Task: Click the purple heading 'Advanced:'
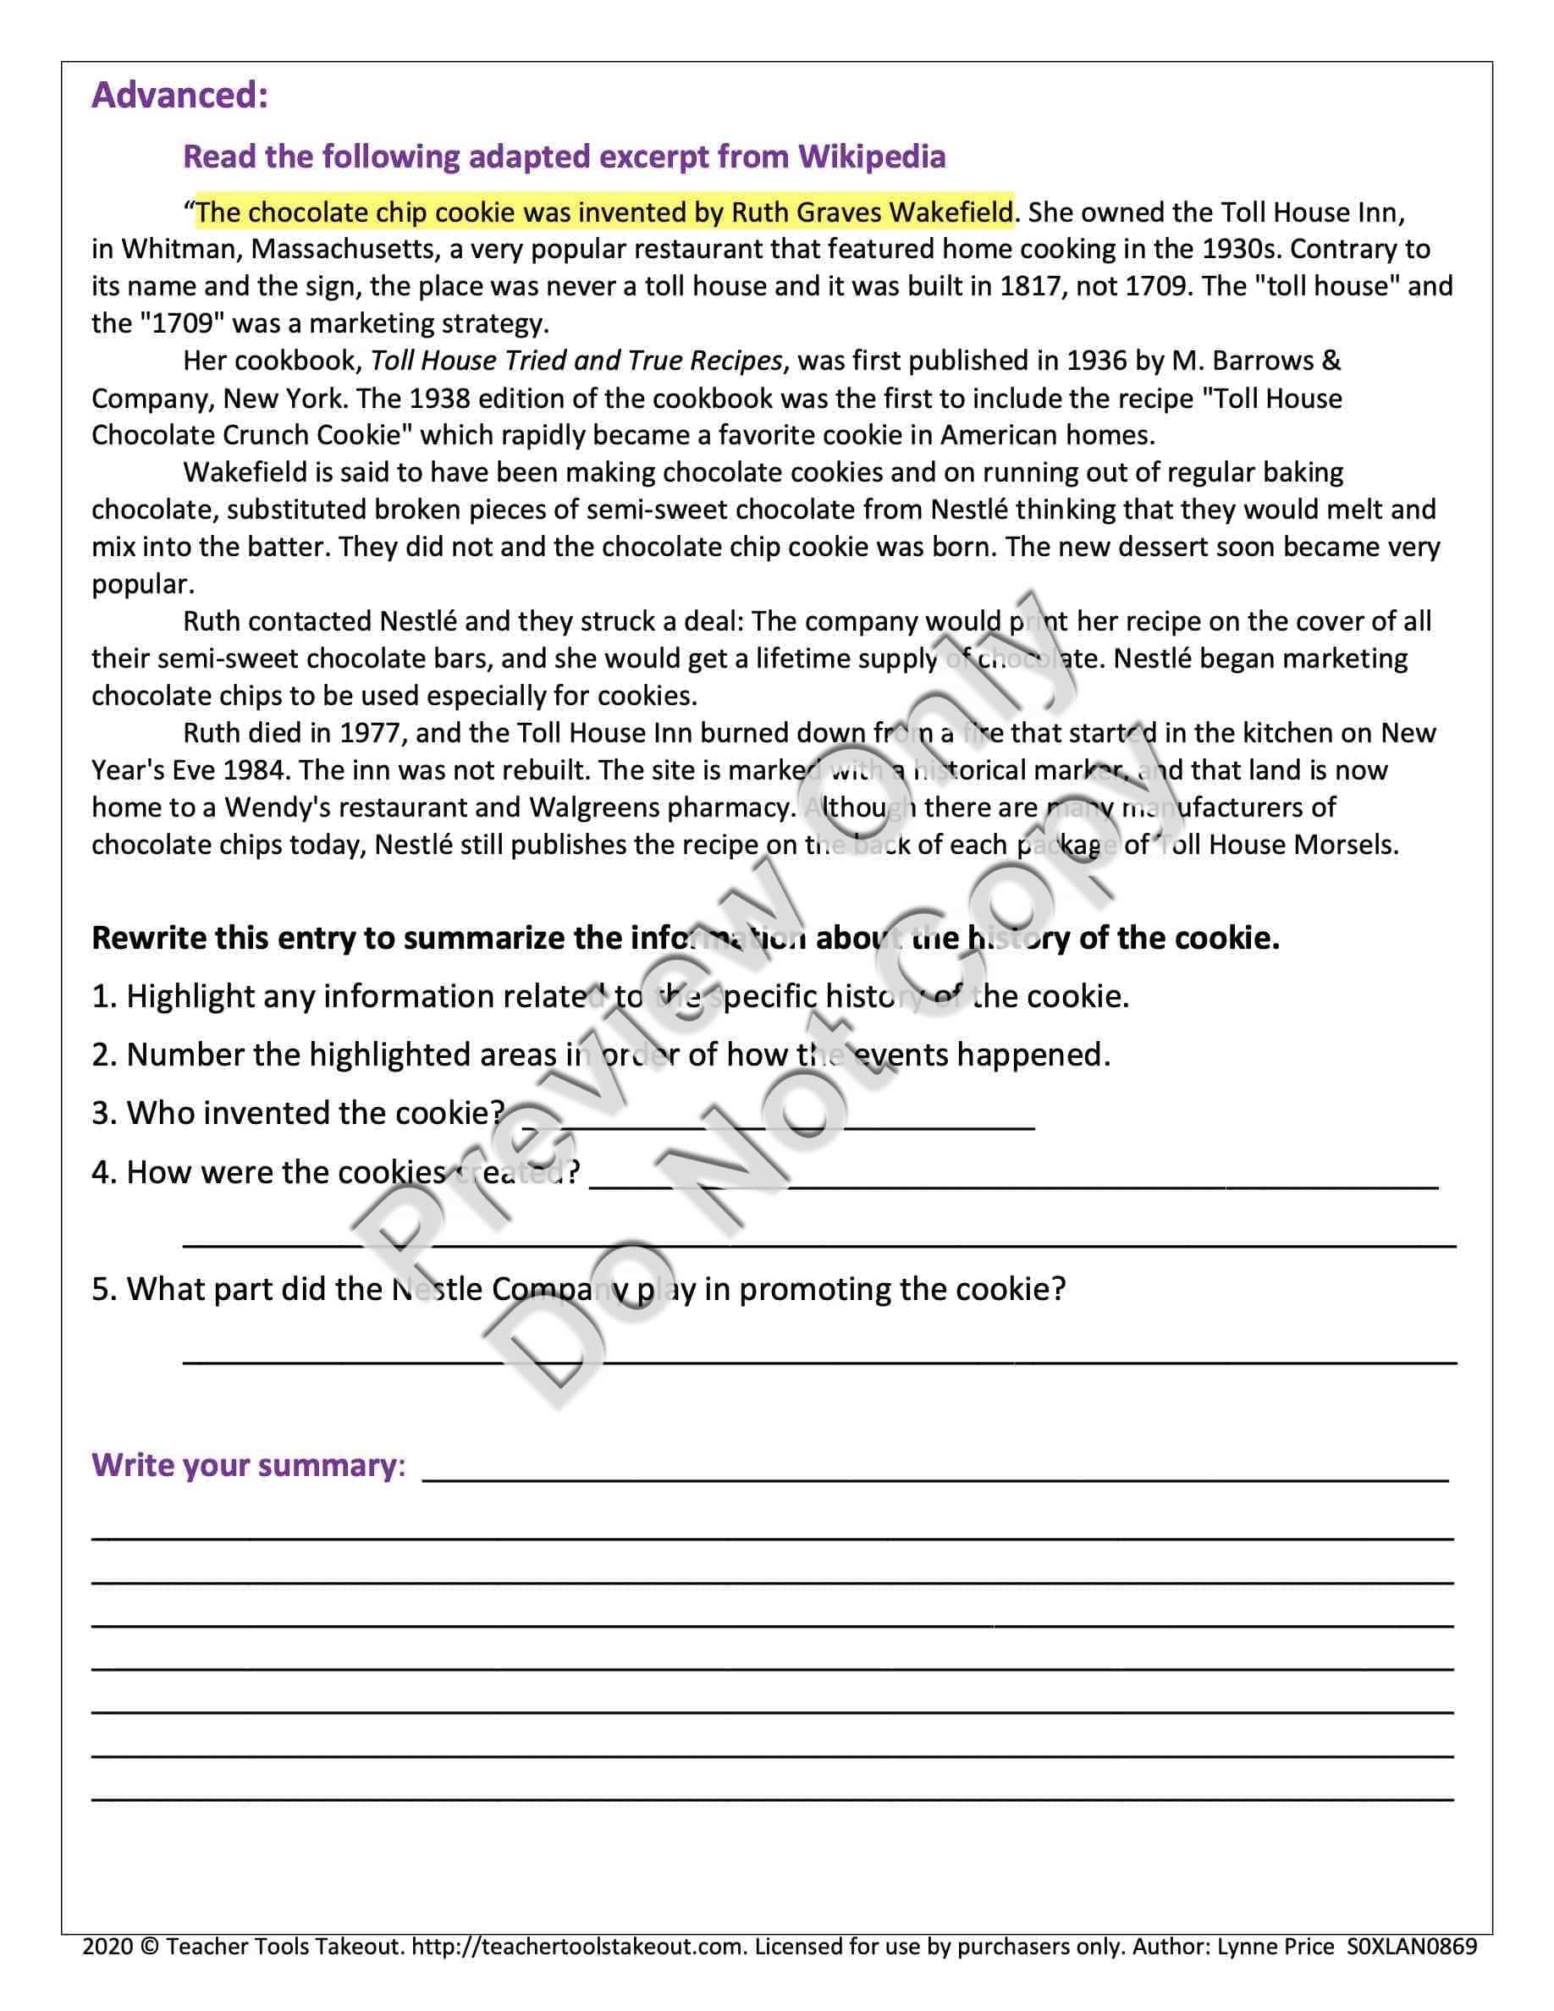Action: point(179,96)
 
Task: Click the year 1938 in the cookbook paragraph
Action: point(442,399)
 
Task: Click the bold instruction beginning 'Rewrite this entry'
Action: point(685,939)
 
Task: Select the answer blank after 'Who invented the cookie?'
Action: point(778,1123)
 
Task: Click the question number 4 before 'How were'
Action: point(101,1172)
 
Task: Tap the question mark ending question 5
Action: point(1058,1289)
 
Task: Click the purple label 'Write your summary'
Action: point(244,1465)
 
